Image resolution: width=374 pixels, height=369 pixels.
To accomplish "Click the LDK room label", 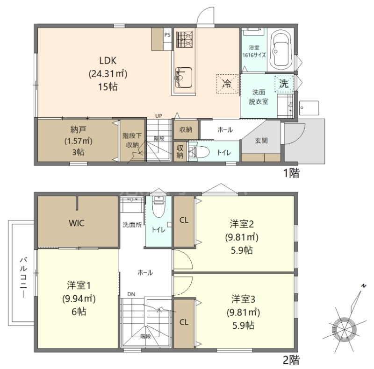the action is (108, 61).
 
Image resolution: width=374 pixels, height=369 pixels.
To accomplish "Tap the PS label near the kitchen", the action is (167, 35).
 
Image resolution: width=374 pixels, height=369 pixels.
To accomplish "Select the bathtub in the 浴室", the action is (281, 50).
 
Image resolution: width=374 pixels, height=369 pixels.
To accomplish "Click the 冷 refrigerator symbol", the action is (227, 84).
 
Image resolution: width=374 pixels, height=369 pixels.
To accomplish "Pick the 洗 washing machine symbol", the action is (284, 84).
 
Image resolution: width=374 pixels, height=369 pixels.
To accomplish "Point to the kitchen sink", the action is (184, 78).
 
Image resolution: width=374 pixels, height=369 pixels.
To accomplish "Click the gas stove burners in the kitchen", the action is (184, 39).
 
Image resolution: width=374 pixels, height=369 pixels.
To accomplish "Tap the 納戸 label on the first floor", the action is (78, 130).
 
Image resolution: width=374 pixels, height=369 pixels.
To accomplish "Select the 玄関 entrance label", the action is (261, 141).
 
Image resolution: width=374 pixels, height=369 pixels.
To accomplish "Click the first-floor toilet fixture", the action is (199, 152).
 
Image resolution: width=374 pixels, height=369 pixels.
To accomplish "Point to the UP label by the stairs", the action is (158, 116).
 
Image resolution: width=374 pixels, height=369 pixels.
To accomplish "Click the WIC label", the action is (77, 223).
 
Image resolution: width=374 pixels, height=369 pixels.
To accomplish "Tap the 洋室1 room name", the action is (79, 285).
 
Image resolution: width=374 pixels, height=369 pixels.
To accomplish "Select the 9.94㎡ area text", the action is (79, 298).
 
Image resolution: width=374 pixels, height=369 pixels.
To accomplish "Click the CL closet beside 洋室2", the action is (184, 220).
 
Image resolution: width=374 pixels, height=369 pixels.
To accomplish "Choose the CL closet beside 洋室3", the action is (184, 322).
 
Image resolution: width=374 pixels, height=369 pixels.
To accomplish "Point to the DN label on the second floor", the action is (131, 294).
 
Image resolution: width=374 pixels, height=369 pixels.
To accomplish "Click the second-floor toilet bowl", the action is (158, 207).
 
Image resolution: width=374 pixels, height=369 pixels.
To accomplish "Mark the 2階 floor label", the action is (291, 360).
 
